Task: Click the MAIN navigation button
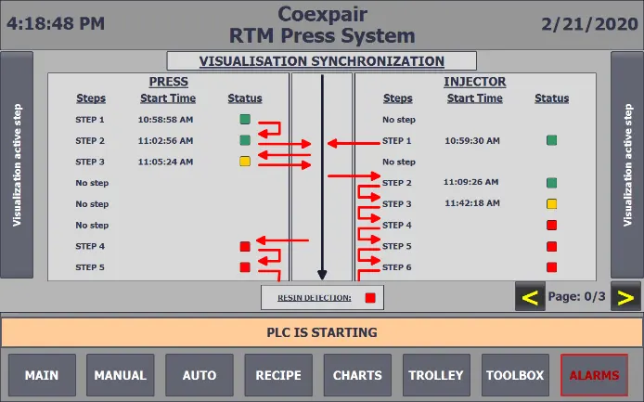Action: tap(42, 375)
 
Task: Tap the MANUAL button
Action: tap(121, 375)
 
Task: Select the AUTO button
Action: tap(200, 375)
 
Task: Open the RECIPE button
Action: tap(278, 375)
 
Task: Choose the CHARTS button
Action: tap(357, 375)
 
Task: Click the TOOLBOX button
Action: tap(515, 375)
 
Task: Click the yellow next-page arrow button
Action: tap(626, 298)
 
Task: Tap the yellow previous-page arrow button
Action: tap(531, 298)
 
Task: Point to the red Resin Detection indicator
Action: tap(369, 298)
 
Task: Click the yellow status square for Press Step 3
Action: tap(245, 162)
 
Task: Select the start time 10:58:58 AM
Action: tap(165, 120)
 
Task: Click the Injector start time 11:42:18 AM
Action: tap(472, 203)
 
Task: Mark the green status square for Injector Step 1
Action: tap(551, 141)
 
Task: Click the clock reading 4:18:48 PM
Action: tap(56, 24)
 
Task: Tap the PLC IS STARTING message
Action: tap(321, 332)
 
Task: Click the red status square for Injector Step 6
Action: tap(551, 266)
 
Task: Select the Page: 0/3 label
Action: tap(577, 297)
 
